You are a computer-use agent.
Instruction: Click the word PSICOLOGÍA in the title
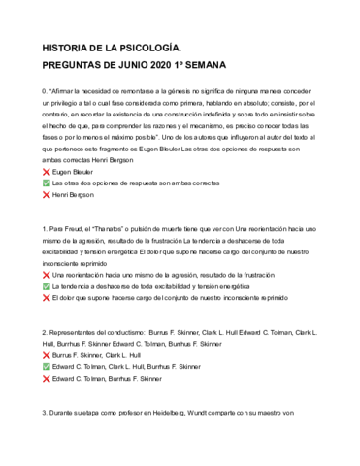pos(153,46)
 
